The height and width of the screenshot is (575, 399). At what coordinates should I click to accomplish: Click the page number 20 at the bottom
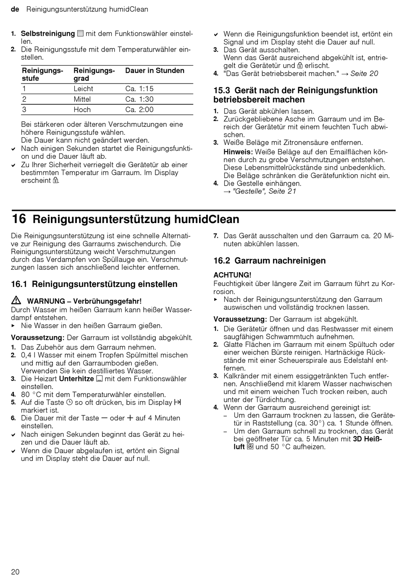[15, 571]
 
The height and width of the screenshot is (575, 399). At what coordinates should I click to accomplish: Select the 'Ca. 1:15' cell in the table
[139, 89]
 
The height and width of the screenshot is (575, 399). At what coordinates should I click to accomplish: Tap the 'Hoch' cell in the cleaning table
[82, 110]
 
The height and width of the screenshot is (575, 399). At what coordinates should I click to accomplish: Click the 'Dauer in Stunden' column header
[155, 71]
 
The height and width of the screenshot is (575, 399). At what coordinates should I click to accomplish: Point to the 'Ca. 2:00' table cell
[139, 110]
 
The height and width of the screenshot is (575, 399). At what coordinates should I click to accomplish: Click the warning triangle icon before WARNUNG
[16, 300]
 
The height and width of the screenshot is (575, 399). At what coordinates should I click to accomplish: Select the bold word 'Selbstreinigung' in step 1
[48, 34]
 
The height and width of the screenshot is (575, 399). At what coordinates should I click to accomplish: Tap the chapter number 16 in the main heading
[19, 219]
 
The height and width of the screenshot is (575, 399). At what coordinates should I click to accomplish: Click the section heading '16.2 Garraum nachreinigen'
[269, 261]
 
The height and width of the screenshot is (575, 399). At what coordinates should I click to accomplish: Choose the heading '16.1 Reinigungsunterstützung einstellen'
[94, 284]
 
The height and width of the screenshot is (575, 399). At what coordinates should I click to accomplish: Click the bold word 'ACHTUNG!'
[232, 275]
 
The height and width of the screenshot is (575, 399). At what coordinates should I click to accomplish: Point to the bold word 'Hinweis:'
[238, 152]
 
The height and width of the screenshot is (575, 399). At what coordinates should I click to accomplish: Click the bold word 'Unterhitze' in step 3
[76, 379]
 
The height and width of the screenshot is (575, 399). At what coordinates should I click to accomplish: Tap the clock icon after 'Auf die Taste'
[70, 402]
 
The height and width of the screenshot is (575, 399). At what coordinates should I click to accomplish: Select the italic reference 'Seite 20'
[364, 74]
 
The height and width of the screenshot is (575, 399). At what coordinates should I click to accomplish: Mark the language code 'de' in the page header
[15, 9]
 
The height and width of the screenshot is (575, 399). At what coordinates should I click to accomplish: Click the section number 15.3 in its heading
[222, 90]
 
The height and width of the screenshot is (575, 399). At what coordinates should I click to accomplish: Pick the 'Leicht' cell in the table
[83, 89]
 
